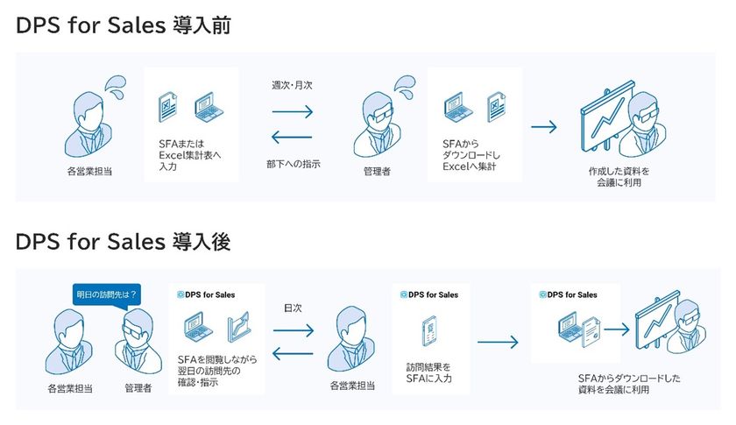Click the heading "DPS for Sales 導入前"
[124, 25]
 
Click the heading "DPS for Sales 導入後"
[123, 241]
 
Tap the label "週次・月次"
[292, 85]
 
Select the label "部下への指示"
[294, 164]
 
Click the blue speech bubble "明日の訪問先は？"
[107, 295]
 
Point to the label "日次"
[293, 308]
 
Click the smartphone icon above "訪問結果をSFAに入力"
[429, 331]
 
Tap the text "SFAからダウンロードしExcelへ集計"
[471, 155]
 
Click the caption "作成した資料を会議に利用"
[619, 177]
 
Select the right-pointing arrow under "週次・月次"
[293, 112]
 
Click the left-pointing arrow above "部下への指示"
[292, 138]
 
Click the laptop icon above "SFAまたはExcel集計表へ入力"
[209, 107]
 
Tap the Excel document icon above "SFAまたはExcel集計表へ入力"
[167, 107]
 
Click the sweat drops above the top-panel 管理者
[405, 88]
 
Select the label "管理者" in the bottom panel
[138, 388]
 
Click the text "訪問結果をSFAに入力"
[429, 372]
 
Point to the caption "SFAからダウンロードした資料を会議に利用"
[629, 384]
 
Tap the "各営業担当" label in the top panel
[89, 172]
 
